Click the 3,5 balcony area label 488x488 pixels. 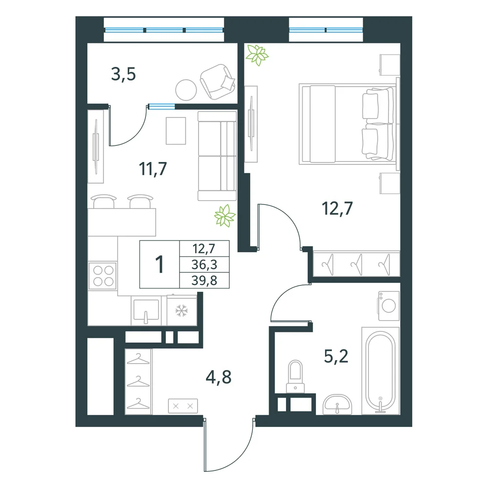click(123, 75)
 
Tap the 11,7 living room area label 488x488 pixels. click(153, 169)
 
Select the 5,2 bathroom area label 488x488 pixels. click(336, 356)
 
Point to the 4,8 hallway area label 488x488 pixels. click(219, 377)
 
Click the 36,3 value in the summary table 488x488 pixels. click(204, 264)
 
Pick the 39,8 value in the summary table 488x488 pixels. click(204, 281)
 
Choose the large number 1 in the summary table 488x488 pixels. click(160, 264)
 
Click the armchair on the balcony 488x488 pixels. click(218, 82)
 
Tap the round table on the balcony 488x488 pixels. click(186, 90)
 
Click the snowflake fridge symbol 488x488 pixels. click(182, 310)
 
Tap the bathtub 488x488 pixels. click(380, 371)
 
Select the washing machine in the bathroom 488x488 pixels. click(389, 305)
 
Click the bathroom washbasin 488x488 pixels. click(337, 404)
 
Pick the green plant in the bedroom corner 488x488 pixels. click(257, 55)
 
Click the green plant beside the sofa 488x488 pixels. click(224, 215)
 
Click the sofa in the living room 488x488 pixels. click(217, 156)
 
